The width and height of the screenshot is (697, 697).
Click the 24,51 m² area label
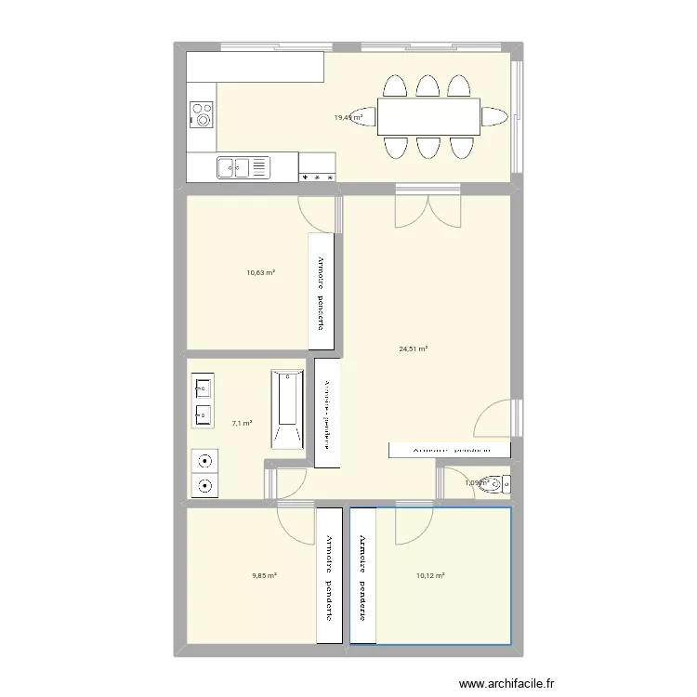click(x=413, y=349)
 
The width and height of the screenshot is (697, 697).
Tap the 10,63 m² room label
click(x=260, y=273)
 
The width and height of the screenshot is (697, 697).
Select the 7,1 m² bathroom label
click(x=242, y=423)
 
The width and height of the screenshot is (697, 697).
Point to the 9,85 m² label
click(x=265, y=575)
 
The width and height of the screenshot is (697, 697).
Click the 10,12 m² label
click(x=431, y=575)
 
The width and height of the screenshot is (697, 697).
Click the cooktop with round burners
click(x=202, y=114)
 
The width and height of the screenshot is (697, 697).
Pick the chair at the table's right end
click(x=494, y=116)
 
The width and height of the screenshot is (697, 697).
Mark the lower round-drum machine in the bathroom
click(x=204, y=484)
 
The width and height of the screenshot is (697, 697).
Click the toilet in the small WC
click(x=499, y=483)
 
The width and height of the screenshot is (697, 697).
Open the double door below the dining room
click(x=427, y=207)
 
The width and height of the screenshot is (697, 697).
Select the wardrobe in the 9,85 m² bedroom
click(x=329, y=575)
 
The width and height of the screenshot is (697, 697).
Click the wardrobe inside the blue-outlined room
click(x=363, y=575)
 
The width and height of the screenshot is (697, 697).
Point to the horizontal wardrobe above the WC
click(x=449, y=449)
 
